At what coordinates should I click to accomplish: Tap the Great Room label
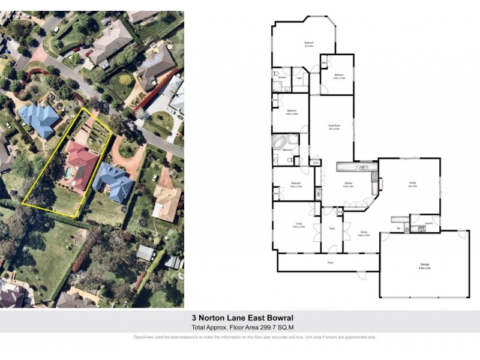point(334,127)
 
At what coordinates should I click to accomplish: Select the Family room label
point(412,184)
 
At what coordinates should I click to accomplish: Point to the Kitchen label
point(348,184)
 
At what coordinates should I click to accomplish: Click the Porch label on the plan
point(330,262)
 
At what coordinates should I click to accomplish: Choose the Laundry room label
point(428,223)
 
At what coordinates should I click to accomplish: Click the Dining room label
point(364,233)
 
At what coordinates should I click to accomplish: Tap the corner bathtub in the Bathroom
point(280,142)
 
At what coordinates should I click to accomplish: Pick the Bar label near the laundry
point(398,228)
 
